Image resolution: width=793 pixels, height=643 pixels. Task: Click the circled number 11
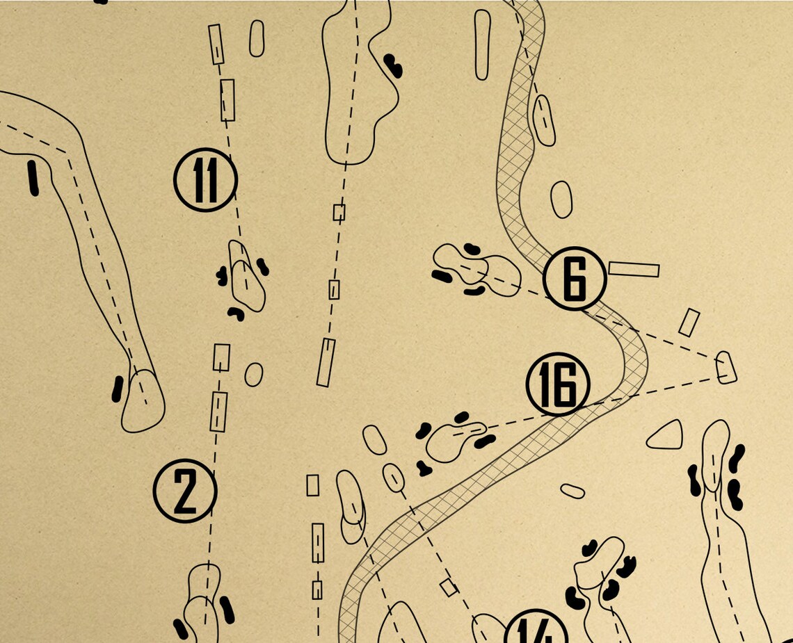click(205, 180)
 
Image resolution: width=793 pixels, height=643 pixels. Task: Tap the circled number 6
click(575, 278)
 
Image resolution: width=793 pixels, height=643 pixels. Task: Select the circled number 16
click(558, 384)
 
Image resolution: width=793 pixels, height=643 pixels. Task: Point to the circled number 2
click(185, 491)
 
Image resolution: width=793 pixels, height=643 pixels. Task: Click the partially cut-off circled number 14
click(536, 629)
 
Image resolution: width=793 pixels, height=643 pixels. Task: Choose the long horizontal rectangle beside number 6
click(634, 269)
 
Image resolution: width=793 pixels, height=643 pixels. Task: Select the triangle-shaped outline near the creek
click(666, 436)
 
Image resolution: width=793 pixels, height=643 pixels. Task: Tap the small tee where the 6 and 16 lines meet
click(726, 367)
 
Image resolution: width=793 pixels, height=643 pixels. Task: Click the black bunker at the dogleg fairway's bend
click(33, 177)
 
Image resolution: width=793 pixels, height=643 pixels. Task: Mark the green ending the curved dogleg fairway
click(143, 402)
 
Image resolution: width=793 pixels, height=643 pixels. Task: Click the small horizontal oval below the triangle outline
click(572, 491)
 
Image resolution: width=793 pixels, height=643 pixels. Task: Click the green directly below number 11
click(247, 277)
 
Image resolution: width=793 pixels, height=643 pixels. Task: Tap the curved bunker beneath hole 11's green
click(237, 314)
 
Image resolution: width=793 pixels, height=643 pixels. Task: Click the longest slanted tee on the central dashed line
click(326, 362)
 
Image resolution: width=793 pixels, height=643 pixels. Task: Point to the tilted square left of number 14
click(449, 587)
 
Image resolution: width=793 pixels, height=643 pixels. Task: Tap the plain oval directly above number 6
click(561, 200)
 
